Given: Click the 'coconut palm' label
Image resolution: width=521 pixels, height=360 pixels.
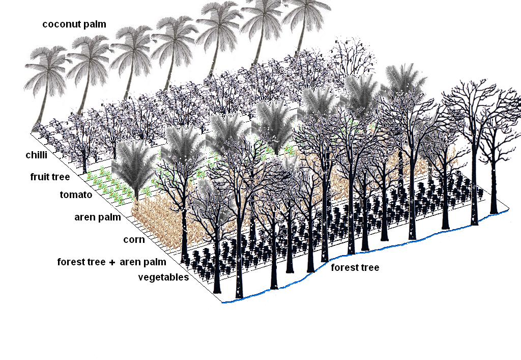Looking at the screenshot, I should click(74, 24).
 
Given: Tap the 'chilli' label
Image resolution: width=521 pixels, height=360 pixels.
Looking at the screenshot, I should click(37, 155).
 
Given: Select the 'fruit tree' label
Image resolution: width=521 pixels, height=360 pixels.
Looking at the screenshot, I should click(49, 177).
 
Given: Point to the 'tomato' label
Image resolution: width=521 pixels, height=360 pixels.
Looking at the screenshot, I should click(75, 195).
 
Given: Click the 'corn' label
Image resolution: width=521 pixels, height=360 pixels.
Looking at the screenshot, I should click(134, 239).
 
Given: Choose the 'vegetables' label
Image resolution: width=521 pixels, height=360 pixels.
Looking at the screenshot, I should click(164, 277).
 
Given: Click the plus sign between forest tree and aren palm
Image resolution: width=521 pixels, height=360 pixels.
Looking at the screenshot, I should click(112, 262).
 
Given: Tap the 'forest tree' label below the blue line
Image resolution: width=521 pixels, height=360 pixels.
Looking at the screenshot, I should click(355, 268).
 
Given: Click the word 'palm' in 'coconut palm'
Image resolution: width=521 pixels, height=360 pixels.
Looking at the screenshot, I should click(94, 24).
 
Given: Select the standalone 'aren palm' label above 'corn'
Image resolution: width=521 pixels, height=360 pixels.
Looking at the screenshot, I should click(98, 217).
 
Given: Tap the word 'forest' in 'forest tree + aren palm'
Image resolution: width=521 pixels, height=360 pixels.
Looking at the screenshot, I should click(70, 262).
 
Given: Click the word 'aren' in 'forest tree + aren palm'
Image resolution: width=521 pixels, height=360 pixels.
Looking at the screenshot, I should click(130, 262).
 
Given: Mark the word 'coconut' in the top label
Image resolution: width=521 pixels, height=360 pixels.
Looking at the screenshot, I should click(62, 24).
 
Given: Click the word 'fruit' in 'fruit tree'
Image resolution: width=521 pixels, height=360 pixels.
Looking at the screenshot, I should click(39, 177).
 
